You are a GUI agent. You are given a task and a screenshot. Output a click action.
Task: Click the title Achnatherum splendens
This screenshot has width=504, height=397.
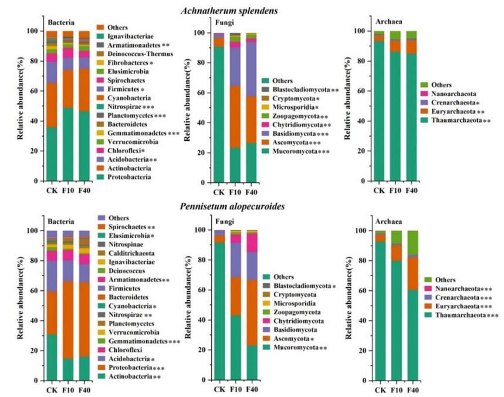coord(251,11)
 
